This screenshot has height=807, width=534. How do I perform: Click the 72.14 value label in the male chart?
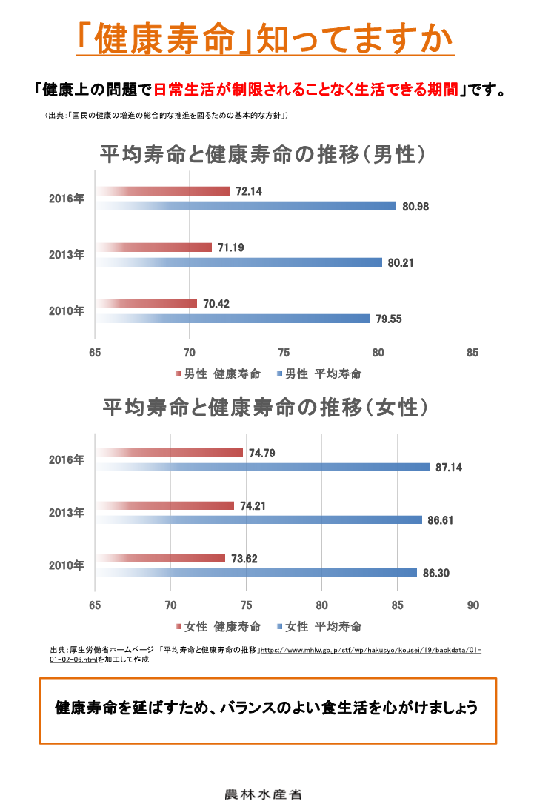249,191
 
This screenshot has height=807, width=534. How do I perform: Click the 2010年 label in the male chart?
67,311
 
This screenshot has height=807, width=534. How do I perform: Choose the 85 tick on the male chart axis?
473,353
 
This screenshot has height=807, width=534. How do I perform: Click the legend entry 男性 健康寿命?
219,374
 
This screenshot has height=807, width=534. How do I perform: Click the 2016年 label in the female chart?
67,460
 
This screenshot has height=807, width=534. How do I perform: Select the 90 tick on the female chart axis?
473,605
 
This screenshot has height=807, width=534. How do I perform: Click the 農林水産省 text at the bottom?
263,794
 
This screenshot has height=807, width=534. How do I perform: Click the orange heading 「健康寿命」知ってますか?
266,39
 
